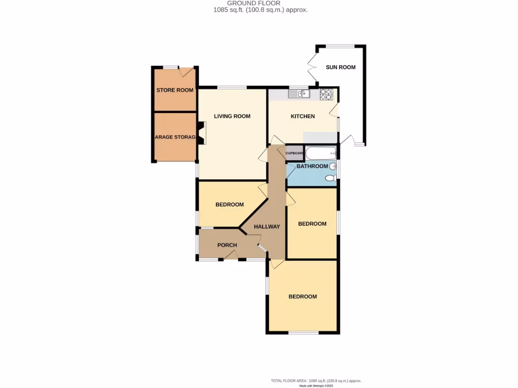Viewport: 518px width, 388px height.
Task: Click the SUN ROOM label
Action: tap(340, 67)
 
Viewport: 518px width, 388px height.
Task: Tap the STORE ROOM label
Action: tap(175, 90)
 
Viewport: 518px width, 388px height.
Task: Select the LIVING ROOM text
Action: tap(232, 116)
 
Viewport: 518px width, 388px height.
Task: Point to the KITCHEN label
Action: tap(303, 116)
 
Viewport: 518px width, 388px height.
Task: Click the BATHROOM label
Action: tap(312, 166)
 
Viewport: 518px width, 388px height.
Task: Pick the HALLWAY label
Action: tap(267, 227)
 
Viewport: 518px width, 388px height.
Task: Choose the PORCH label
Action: tap(227, 246)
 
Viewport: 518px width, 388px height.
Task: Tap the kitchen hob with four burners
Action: tap(326, 93)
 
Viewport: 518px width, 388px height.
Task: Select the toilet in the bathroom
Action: tap(330, 178)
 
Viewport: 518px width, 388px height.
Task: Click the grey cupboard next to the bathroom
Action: tap(294, 153)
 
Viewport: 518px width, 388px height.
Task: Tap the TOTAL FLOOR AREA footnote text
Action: tap(316, 380)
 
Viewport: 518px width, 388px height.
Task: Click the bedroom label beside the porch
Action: tap(230, 205)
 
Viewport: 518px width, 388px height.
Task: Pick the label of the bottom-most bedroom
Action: tap(303, 297)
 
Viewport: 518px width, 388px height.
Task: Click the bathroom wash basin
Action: tap(333, 166)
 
